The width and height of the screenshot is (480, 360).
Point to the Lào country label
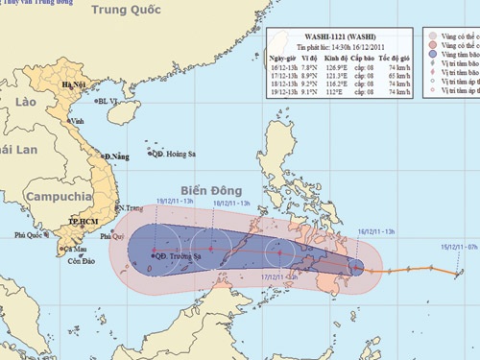pyautogui.click(x=24, y=101)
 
